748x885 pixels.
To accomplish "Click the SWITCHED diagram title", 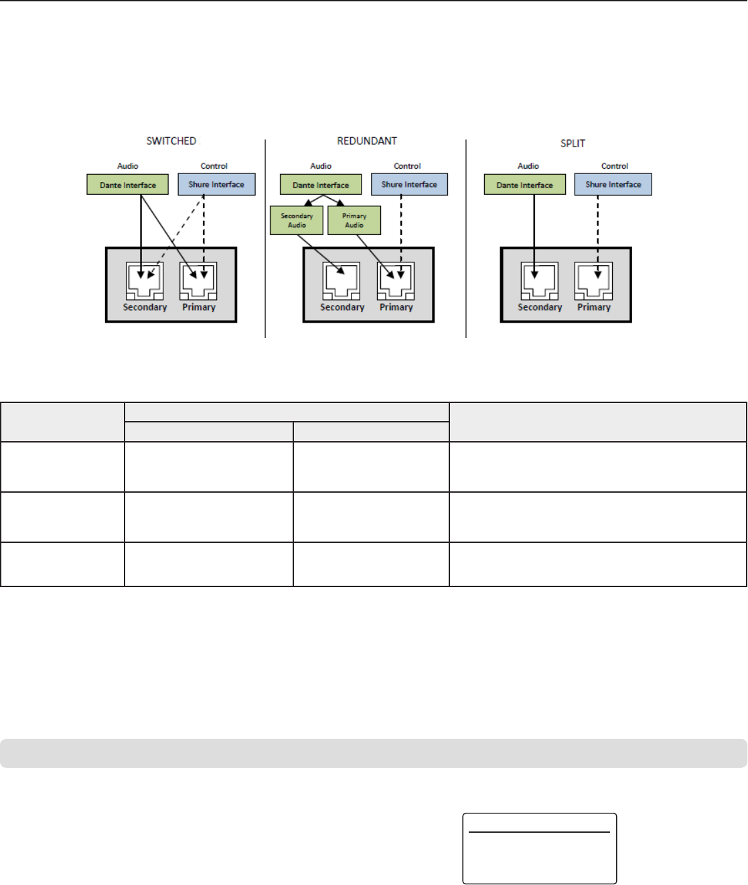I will click(171, 141).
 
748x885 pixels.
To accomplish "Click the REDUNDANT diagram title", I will click(367, 141).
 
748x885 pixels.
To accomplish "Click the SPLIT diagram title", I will click(573, 143).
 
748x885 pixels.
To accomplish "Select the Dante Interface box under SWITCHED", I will click(127, 185).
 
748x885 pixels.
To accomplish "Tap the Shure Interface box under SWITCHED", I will click(216, 184).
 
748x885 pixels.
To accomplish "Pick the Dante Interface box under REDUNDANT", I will click(321, 185).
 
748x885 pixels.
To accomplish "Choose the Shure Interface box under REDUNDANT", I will click(409, 184).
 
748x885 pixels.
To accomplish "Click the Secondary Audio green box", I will click(297, 220).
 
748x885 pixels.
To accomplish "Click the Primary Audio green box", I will click(354, 220).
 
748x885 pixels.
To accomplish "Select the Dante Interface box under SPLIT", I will click(524, 185).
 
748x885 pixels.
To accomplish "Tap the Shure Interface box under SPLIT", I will click(613, 184).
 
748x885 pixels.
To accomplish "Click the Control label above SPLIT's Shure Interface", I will click(615, 166).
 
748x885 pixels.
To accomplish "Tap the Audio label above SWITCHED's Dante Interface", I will click(128, 166).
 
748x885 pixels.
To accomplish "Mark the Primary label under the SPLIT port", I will click(594, 307).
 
